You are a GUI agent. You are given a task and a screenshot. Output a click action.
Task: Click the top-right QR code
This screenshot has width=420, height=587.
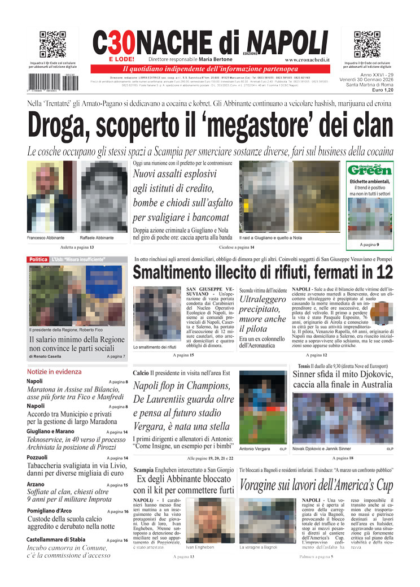coord(367,45)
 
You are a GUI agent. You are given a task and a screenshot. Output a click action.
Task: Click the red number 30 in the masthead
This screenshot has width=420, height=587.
coord(121,42)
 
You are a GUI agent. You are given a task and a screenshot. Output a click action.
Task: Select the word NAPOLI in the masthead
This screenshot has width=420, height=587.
coord(287,42)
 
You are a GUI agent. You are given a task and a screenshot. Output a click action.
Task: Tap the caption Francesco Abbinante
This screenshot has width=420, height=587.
coord(46,238)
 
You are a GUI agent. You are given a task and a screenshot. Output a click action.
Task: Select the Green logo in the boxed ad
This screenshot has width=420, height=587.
coord(370,169)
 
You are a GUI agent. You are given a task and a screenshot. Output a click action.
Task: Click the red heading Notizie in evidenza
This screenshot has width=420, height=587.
coord(54,372)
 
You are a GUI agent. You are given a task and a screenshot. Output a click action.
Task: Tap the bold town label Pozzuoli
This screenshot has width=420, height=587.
coord(38,457)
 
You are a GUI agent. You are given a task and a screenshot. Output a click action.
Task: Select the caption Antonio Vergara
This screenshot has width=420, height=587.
coord(256,449)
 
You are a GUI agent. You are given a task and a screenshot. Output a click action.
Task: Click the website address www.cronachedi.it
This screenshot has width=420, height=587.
coord(307,59)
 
